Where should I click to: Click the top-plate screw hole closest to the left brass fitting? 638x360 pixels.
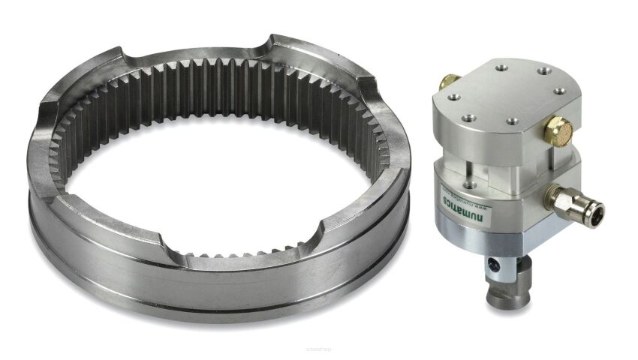point(454,97)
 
